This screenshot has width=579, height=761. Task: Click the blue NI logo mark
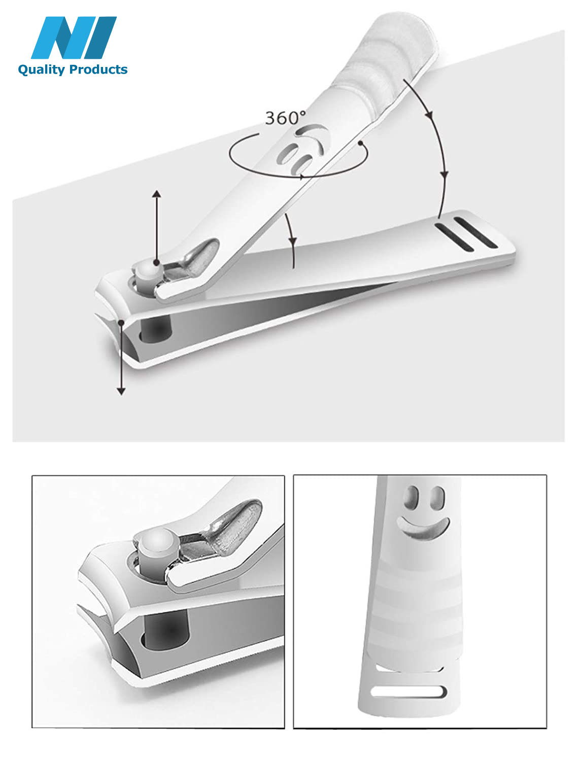pos(74,38)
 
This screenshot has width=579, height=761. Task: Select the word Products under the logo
pos(98,70)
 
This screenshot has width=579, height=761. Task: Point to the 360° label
pos(285,118)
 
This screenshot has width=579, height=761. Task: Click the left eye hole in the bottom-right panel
pos(412,498)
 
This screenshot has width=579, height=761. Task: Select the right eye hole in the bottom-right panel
pos(437,498)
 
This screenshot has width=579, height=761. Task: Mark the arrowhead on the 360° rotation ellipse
pos(301,177)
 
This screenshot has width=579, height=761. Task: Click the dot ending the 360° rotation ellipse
pos(361,143)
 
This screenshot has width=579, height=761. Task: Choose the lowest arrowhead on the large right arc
pos(445,175)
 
